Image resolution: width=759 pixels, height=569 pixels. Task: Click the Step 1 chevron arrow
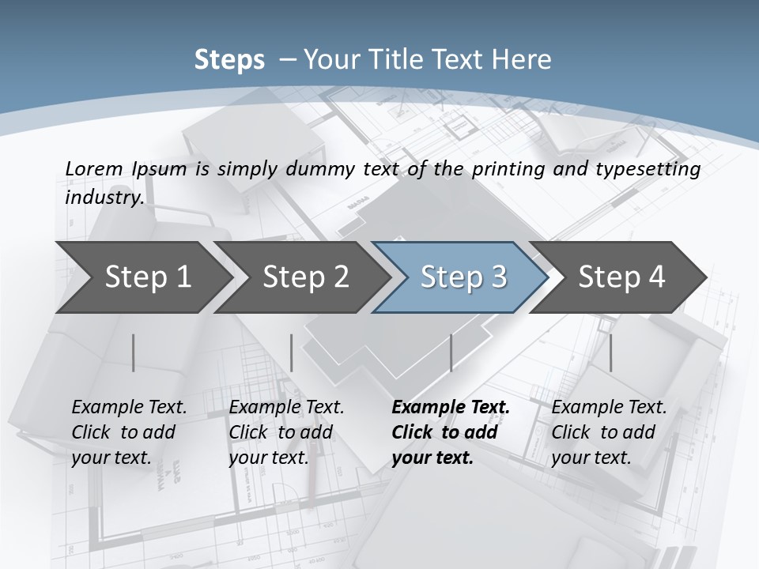pyautogui.click(x=147, y=277)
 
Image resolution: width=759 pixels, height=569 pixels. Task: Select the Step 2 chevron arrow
pyautogui.click(x=305, y=277)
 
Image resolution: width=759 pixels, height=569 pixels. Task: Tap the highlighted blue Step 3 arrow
pyautogui.click(x=463, y=277)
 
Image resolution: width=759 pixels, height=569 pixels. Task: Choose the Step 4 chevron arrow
pyautogui.click(x=621, y=277)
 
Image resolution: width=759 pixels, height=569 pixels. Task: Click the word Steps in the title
pyautogui.click(x=229, y=59)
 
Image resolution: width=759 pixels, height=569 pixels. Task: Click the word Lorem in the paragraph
pyautogui.click(x=93, y=168)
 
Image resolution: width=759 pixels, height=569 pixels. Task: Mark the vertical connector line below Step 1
pyautogui.click(x=134, y=352)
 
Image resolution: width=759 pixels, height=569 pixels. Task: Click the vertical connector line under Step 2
pyautogui.click(x=292, y=352)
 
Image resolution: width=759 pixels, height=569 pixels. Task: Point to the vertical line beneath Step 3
pyautogui.click(x=451, y=352)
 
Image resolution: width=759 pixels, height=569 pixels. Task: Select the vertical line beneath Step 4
pyautogui.click(x=610, y=352)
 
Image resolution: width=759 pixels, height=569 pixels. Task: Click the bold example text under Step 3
pyautogui.click(x=449, y=432)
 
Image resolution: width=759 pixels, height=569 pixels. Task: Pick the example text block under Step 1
pyautogui.click(x=128, y=432)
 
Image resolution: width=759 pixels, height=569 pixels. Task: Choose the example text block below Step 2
pyautogui.click(x=285, y=432)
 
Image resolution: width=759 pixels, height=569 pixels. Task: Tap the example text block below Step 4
pyautogui.click(x=608, y=432)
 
